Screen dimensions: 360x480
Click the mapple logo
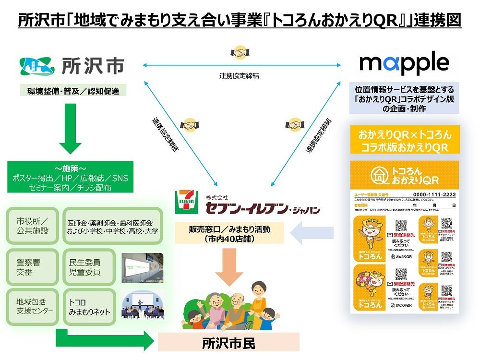coord(404,63)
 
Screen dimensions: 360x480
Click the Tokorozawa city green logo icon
coord(37,66)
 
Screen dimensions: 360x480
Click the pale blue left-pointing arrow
coord(313,233)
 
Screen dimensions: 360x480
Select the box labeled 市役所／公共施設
coord(33,226)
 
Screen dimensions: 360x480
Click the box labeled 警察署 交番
coord(33,267)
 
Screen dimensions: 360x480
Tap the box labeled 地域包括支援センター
coord(33,307)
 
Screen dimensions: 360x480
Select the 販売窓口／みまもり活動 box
coord(229,233)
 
